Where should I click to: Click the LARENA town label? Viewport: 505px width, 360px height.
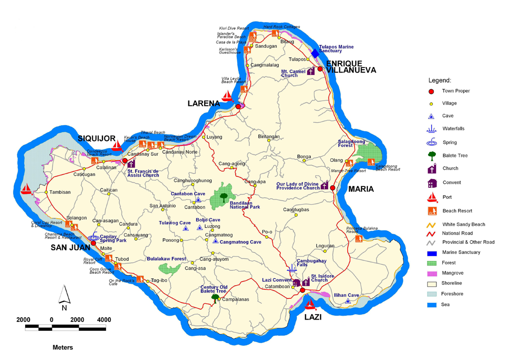click(x=203, y=104)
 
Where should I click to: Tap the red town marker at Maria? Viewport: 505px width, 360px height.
click(x=332, y=188)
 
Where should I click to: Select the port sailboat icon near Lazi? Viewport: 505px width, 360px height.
click(x=310, y=304)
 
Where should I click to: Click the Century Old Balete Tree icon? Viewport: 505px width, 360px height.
click(x=215, y=297)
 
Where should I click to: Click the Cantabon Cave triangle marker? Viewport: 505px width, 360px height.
click(x=198, y=200)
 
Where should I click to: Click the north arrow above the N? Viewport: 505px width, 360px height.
click(x=63, y=294)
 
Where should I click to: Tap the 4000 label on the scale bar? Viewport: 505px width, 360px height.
click(x=104, y=320)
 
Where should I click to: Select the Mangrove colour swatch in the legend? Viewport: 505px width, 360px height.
click(x=432, y=273)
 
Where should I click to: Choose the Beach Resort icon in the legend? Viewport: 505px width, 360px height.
click(x=432, y=211)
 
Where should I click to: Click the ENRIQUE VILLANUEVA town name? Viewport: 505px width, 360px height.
click(x=351, y=67)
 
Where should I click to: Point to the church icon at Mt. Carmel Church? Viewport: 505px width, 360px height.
click(x=311, y=72)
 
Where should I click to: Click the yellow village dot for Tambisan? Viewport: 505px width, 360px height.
click(x=45, y=192)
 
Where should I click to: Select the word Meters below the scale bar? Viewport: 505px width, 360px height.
click(x=63, y=348)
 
